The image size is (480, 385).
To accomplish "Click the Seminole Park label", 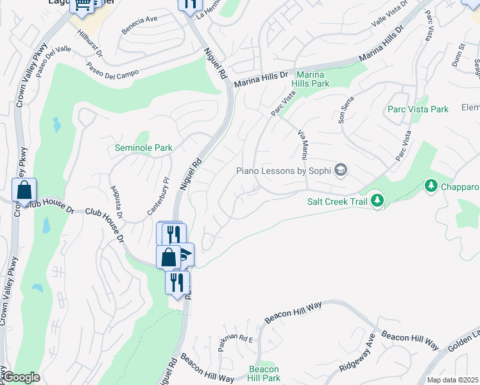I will point(143,148).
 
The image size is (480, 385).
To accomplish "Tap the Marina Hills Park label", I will point(311,79).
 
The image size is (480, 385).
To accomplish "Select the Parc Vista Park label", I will point(418,109).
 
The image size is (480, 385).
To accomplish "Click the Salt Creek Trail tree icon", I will point(377,201).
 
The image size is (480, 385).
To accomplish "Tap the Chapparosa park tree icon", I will point(431,186).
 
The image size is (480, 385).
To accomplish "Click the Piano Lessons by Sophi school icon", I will point(341,170).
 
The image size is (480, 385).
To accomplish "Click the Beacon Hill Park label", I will point(264,373).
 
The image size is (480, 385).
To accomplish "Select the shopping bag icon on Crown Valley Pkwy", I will point(24,191).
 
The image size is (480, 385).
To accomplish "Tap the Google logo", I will point(21,378).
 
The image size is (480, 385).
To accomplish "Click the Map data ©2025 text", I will point(452,380).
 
